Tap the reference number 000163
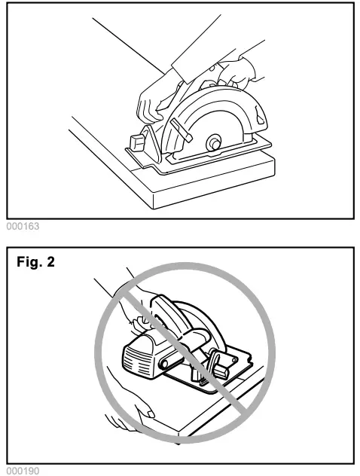pos(20,224)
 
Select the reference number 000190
pos(20,469)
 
